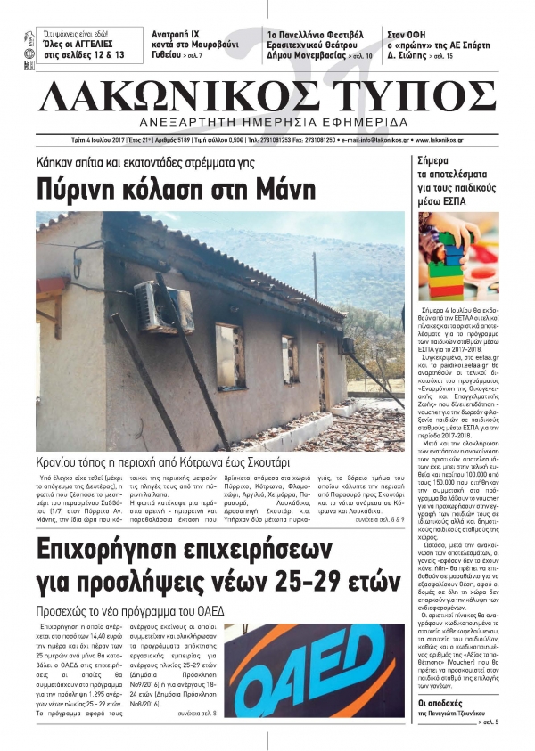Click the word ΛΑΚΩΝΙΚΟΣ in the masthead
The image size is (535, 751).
[x=183, y=96]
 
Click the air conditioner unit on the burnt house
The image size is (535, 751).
[x=161, y=306]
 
